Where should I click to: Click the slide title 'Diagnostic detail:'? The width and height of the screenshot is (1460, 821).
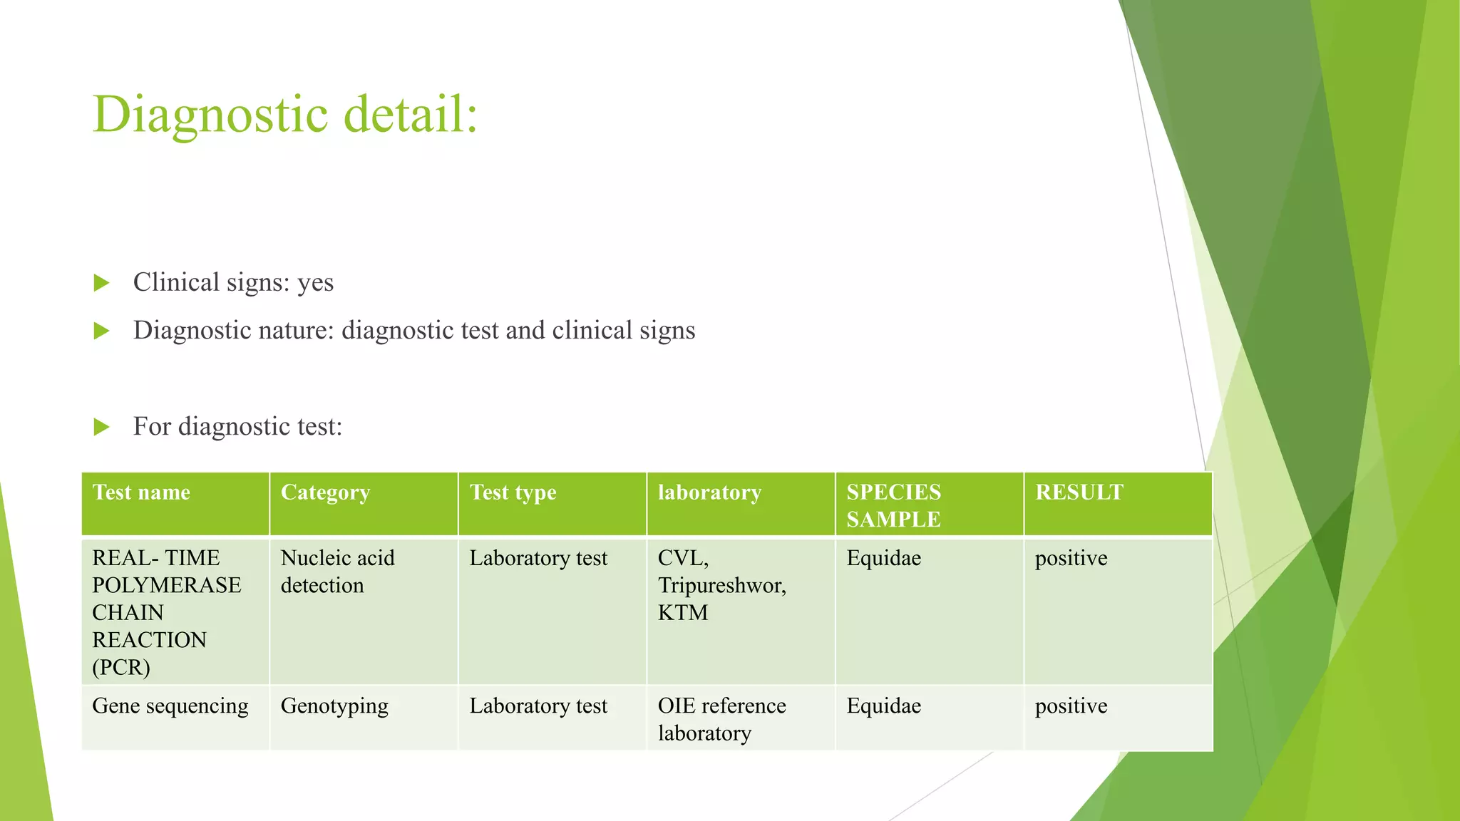284,114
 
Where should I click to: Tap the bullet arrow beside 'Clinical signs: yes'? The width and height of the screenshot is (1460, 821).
101,283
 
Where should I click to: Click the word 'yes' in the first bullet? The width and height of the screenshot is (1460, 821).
315,284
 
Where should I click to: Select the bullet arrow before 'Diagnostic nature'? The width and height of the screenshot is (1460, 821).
101,331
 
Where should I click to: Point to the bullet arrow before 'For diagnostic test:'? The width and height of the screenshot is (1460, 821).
101,427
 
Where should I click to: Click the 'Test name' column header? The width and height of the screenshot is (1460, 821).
141,492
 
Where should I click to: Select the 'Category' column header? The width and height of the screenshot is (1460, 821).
325,493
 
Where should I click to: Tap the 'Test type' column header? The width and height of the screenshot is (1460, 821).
513,493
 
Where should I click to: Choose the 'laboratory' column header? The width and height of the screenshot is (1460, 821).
709,492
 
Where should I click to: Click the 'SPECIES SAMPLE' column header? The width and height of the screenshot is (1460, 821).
893,505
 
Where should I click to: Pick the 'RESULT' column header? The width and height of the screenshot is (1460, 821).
1079,492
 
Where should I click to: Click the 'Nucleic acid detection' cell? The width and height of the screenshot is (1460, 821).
337,572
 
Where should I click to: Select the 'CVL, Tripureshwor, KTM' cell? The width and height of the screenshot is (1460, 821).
721,585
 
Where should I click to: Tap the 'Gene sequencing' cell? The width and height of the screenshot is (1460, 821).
170,706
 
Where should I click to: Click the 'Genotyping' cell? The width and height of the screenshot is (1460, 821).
334,707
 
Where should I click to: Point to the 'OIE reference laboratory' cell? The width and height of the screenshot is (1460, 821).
721,719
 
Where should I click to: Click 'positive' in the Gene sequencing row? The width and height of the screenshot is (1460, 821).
1071,706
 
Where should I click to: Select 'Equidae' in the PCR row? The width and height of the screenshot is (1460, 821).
883,558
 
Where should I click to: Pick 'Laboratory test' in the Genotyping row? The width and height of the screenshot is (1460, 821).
538,706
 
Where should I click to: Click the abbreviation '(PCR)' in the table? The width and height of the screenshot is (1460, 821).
121,668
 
